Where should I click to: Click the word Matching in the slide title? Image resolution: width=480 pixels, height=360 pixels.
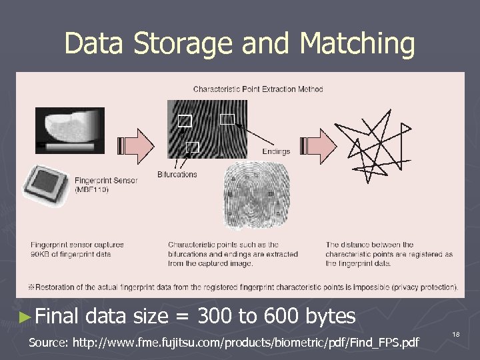357,44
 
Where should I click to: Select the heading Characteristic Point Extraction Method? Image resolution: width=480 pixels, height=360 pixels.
258,89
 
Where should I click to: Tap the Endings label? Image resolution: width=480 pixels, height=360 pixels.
276,151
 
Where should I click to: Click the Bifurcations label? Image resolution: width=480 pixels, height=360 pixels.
177,174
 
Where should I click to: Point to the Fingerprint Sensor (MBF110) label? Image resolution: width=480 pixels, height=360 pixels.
106,185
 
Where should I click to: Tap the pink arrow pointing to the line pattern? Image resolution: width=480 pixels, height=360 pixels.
319,145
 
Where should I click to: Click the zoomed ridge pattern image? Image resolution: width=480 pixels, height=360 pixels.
207,129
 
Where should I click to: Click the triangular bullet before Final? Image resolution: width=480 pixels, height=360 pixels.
25,316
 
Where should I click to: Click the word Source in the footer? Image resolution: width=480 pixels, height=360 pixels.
47,343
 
